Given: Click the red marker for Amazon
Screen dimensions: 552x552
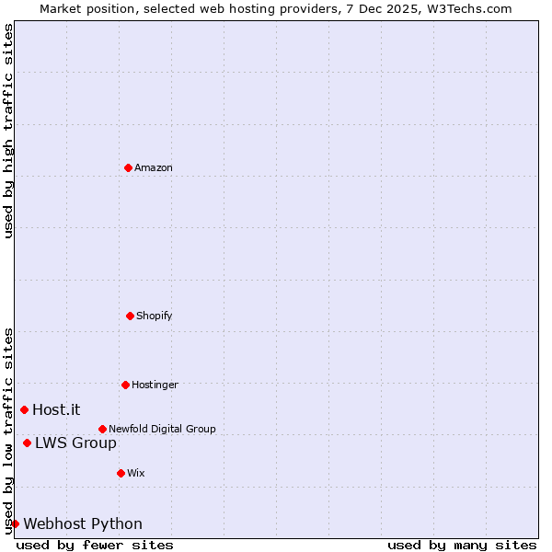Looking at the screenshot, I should pos(129,167).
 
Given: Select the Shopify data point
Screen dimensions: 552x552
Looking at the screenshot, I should pos(130,316).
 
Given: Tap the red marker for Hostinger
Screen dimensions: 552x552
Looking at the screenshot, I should pos(125,385).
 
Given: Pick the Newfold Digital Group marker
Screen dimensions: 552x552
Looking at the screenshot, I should pos(102,429).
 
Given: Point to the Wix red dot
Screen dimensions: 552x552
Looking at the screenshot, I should pos(121,473).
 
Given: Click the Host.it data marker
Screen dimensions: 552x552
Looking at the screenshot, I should pos(24,409).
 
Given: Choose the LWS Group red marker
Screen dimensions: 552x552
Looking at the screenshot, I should pos(27,443).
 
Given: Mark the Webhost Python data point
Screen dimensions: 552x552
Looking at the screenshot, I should pos(15,523).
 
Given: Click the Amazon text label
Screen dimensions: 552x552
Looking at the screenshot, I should pos(154,167).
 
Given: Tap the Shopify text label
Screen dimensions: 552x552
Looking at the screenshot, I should pos(155,316).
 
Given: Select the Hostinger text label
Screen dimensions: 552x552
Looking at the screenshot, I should pos(155,385).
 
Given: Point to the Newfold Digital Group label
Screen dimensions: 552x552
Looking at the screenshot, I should pos(162,429).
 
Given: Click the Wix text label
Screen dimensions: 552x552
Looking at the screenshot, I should pos(136,473).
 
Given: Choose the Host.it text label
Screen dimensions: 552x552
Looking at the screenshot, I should pos(56,409).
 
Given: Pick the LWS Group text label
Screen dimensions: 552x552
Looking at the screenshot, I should pos(75,443).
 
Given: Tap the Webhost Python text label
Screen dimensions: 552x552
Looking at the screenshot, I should pos(83,524).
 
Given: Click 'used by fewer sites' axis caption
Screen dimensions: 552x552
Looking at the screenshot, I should pos(95,545).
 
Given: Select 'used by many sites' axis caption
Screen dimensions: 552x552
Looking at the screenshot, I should pos(462,545).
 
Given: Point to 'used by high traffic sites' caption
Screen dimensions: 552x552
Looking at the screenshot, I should pos(8,131).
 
